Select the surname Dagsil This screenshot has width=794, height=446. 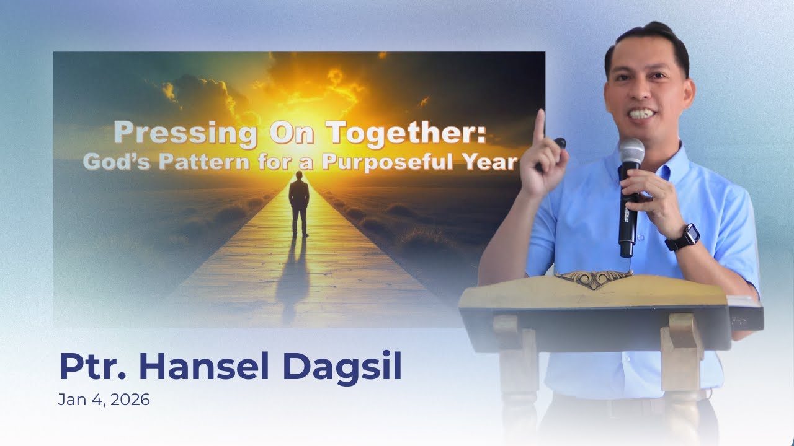tap(342, 366)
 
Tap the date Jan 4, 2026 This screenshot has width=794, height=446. tap(104, 400)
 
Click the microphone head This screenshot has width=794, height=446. tap(631, 152)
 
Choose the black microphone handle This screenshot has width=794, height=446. tap(627, 217)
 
